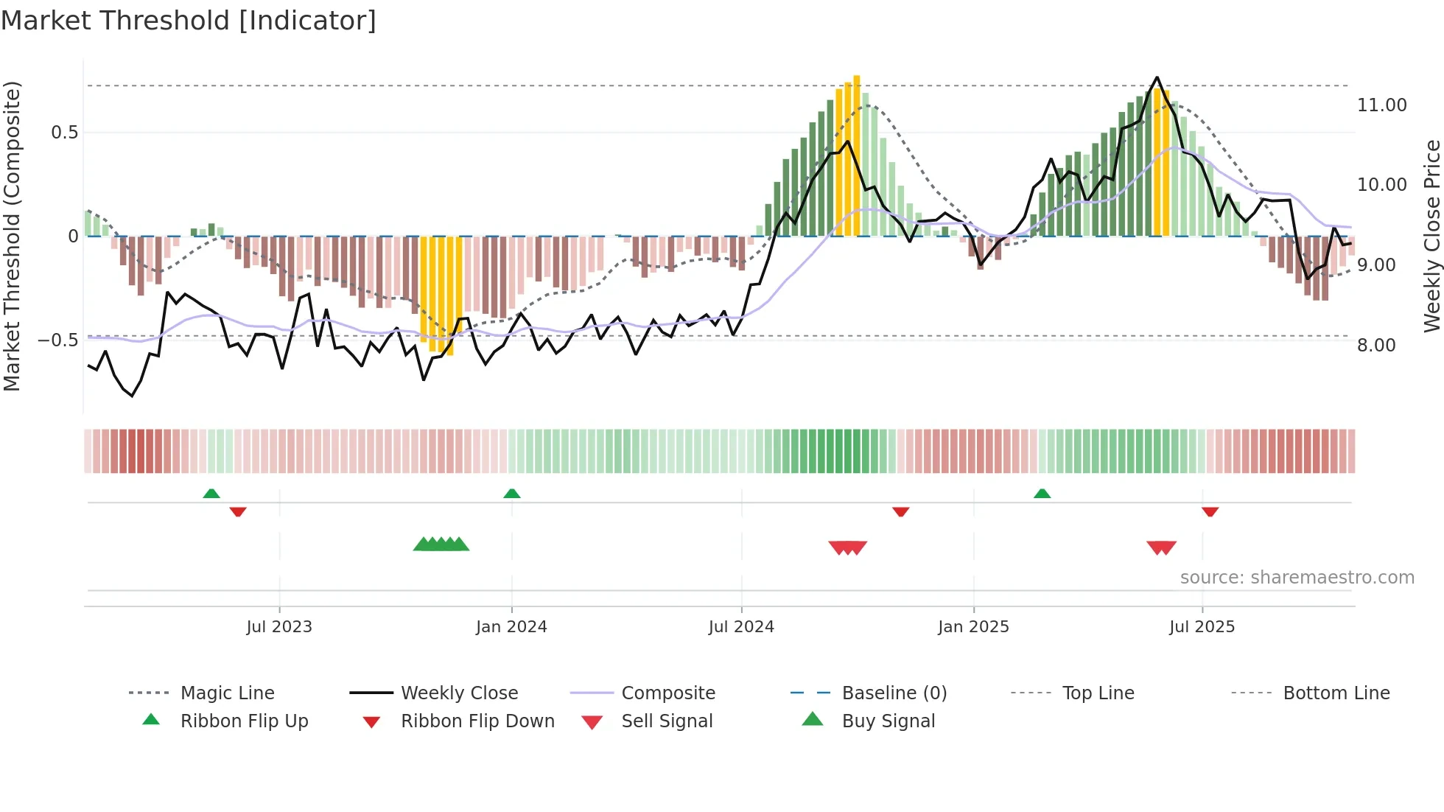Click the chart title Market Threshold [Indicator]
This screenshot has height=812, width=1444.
click(189, 21)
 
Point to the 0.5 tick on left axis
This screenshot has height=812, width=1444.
click(64, 133)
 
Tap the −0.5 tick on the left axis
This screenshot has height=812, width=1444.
click(58, 340)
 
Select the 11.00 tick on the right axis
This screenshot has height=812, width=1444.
click(1381, 105)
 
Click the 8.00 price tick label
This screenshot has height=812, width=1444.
click(1376, 346)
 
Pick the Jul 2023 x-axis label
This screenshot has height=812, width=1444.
click(279, 627)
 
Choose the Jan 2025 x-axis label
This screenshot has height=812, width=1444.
click(973, 627)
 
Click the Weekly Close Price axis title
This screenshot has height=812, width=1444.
click(1431, 236)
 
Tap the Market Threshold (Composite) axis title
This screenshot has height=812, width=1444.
click(12, 236)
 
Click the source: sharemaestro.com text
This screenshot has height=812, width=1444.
click(1297, 578)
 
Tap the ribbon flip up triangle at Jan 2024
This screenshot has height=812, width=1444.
click(512, 494)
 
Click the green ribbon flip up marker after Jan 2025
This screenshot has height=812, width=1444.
click(1042, 494)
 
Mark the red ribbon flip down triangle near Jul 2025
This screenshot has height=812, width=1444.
click(1210, 511)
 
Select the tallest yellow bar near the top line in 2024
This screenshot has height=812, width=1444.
click(857, 155)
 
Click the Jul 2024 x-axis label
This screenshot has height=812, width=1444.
click(741, 627)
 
